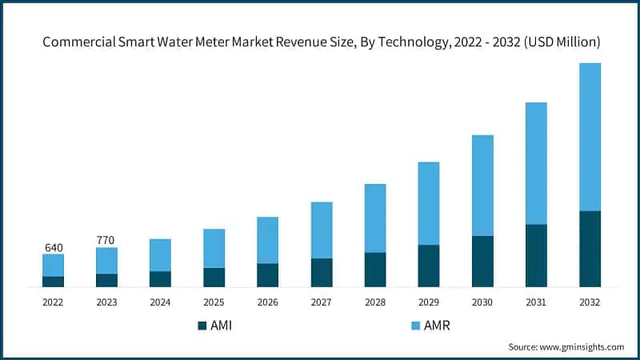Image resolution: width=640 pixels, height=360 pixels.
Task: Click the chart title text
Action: pyautogui.click(x=320, y=41)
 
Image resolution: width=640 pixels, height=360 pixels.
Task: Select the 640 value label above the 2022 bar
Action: pyautogui.click(x=53, y=247)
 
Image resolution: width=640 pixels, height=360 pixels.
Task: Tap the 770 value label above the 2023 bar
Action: pyautogui.click(x=106, y=238)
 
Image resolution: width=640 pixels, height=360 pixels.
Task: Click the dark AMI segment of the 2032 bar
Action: pyautogui.click(x=590, y=249)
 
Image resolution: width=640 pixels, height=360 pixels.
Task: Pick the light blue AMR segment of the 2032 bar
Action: pyautogui.click(x=590, y=137)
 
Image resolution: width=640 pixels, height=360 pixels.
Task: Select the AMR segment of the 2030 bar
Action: pyautogui.click(x=482, y=186)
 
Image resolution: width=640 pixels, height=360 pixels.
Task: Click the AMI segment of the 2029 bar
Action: pyautogui.click(x=429, y=266)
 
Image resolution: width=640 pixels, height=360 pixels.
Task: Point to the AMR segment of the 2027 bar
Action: pyautogui.click(x=322, y=230)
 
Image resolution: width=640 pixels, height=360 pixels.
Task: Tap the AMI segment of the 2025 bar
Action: pyautogui.click(x=214, y=277)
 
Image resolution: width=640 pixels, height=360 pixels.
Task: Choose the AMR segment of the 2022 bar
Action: pyautogui.click(x=53, y=265)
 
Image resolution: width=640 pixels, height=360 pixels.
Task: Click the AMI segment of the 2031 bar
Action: pyautogui.click(x=536, y=255)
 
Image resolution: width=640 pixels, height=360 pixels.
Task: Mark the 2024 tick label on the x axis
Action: pyautogui.click(x=160, y=302)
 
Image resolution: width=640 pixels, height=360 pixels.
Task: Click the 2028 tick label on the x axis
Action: pyautogui.click(x=375, y=302)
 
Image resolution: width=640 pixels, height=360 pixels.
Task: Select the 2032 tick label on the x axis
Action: pyautogui.click(x=590, y=302)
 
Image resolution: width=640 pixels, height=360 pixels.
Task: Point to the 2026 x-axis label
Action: pyautogui.click(x=267, y=302)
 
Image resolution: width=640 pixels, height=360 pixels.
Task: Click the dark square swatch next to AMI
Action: pyautogui.click(x=202, y=326)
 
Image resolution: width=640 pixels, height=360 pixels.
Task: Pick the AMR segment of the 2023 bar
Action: pyautogui.click(x=106, y=261)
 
